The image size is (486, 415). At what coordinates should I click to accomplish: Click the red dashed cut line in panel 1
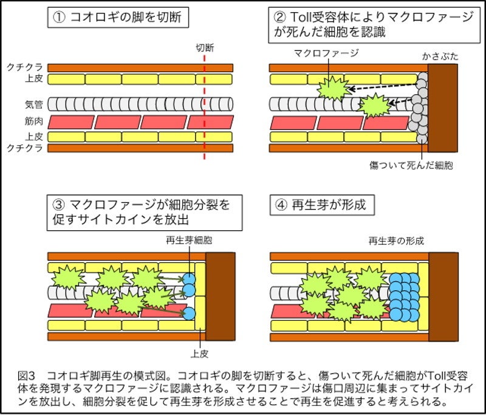205,109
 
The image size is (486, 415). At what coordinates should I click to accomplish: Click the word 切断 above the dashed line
205,47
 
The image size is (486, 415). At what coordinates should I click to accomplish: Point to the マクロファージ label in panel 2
326,53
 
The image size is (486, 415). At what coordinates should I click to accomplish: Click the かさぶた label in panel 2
439,56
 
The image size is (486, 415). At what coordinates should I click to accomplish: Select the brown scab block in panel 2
443,109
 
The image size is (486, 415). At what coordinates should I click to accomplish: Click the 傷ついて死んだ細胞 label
411,165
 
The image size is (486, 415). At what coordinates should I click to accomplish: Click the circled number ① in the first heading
59,18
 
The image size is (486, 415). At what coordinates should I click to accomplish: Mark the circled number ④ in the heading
281,205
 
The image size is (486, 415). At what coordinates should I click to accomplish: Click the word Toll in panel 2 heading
306,17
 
